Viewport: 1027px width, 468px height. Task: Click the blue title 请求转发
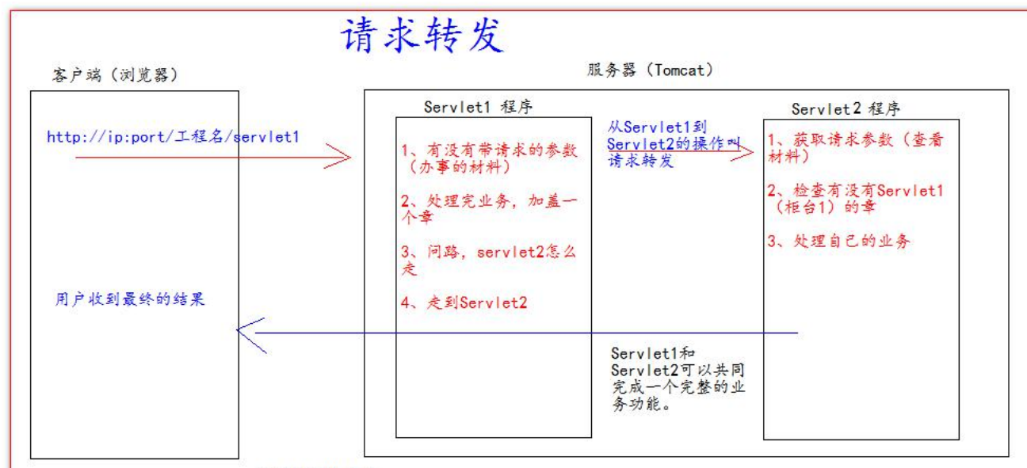(x=422, y=35)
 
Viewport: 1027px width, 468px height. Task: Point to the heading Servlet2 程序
(x=846, y=108)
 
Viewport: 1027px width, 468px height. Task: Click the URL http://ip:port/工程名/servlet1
(x=173, y=137)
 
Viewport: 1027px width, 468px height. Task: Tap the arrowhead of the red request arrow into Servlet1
(x=341, y=158)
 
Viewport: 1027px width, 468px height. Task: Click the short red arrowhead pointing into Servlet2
(x=745, y=154)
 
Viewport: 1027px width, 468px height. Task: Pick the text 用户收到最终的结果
(x=130, y=300)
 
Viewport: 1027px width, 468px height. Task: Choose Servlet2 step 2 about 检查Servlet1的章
(x=855, y=198)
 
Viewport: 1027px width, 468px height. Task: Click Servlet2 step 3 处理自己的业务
(x=838, y=242)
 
